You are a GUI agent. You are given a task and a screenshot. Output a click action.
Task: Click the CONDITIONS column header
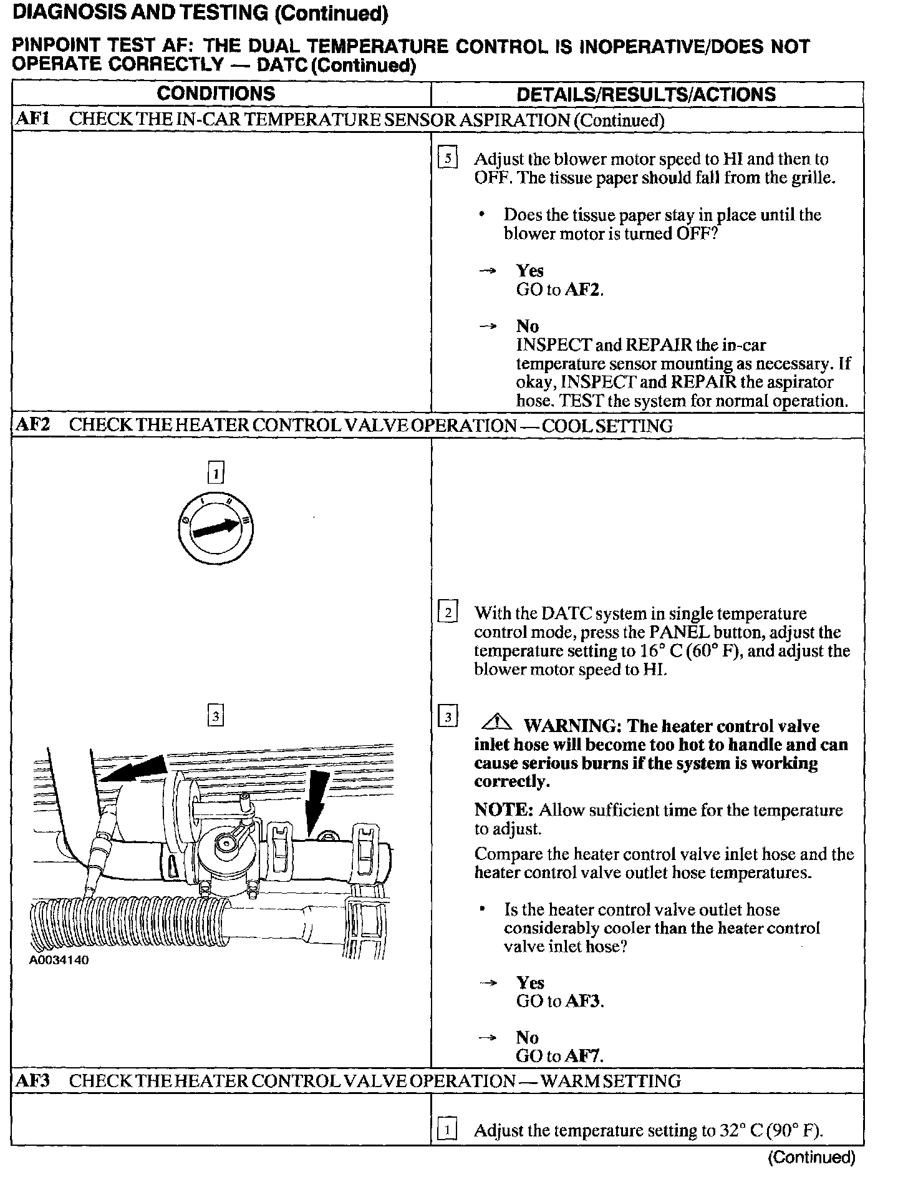click(x=216, y=94)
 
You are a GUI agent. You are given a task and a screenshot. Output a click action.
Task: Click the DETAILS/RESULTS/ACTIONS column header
click(x=646, y=94)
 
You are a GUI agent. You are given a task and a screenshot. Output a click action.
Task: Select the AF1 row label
click(x=32, y=119)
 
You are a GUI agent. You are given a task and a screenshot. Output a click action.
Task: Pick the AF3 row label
click(x=32, y=1080)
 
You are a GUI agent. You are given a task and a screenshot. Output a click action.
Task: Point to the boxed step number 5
click(x=448, y=159)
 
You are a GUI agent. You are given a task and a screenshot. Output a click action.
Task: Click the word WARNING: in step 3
click(x=572, y=726)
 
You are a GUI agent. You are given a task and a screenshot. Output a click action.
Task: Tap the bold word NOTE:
click(x=503, y=810)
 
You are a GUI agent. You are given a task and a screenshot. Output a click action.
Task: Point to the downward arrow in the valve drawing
click(x=317, y=802)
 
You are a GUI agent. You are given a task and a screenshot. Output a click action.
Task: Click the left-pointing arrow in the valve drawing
click(x=134, y=771)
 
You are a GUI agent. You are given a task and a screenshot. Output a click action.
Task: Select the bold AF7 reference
click(x=584, y=1056)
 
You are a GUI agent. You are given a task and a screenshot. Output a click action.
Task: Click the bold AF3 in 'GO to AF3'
click(x=584, y=1001)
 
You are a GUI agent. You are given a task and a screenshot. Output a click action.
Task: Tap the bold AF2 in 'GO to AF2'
click(x=584, y=290)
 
